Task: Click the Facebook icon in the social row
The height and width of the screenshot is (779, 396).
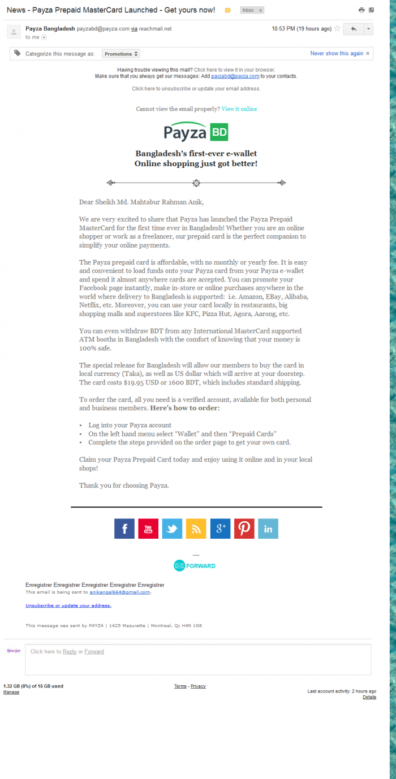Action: pos(124,529)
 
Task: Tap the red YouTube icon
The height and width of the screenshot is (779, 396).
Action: pos(148,529)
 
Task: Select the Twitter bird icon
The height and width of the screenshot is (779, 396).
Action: pos(172,529)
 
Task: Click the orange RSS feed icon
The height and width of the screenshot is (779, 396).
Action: pos(196,529)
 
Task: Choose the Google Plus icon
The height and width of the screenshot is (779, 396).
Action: pos(220,529)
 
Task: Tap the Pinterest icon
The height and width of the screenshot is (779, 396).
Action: pos(244,529)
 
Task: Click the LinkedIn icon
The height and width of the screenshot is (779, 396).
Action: pos(268,529)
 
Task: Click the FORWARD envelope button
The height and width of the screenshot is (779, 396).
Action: pos(195,565)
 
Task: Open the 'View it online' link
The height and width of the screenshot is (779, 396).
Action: pos(239,109)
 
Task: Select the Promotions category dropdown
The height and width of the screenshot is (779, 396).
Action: pos(121,54)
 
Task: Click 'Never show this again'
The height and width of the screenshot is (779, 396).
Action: pos(337,54)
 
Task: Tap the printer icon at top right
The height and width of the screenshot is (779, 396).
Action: pos(361,10)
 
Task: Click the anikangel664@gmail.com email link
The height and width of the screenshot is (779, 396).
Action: pos(120,592)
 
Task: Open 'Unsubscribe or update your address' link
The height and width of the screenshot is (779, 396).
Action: pos(68,605)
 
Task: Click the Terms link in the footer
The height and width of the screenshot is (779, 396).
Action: pos(180,686)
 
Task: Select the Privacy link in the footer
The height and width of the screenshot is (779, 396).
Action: pos(198,686)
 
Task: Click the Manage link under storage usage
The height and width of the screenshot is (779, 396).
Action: pos(11,692)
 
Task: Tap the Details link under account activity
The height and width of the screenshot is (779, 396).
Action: pos(369,697)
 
